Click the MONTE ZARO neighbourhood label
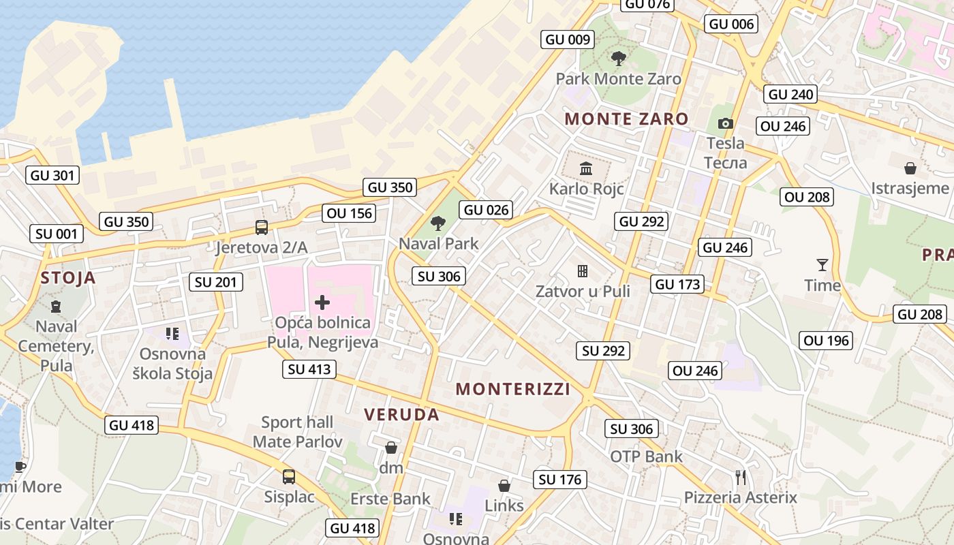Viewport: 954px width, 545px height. (626, 119)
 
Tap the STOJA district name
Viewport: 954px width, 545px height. (68, 278)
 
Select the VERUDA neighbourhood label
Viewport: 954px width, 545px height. (401, 414)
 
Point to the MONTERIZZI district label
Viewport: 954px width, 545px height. (513, 389)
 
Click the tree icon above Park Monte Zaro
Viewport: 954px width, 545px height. (618, 59)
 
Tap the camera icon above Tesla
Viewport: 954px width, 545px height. (726, 123)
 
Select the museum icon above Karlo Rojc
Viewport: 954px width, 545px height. (586, 168)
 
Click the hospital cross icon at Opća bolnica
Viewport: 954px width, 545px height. (322, 302)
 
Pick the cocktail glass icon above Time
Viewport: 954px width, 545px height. (822, 264)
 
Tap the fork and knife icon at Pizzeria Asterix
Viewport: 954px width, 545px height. (741, 477)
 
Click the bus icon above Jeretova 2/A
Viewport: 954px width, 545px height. (261, 227)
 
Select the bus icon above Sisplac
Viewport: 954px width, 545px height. (289, 476)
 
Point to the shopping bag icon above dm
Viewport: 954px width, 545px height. (391, 448)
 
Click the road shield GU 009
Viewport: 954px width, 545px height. (567, 40)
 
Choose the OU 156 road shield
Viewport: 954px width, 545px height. (350, 213)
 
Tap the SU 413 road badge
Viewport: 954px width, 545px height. (310, 369)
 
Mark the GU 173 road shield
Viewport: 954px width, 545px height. (677, 284)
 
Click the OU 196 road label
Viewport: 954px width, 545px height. (827, 340)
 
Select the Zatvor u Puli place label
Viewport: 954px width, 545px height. (582, 291)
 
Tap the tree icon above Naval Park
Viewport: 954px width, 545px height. (439, 223)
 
